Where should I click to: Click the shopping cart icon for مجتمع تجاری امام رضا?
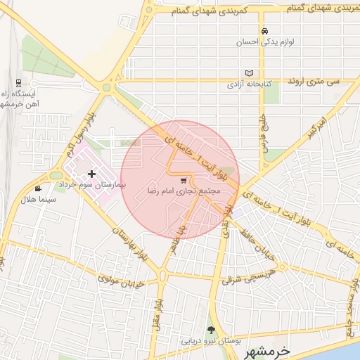click(184, 180)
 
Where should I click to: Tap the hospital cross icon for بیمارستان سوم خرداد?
click(91, 173)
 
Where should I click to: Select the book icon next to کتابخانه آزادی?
click(249, 73)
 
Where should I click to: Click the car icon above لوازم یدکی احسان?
click(264, 32)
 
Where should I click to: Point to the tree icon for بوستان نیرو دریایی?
click(210, 330)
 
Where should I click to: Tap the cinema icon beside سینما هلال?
click(37, 188)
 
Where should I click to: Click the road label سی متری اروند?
click(314, 82)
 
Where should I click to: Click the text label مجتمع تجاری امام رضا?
click(184, 191)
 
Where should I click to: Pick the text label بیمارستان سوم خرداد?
click(91, 184)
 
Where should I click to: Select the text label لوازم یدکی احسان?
click(264, 42)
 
